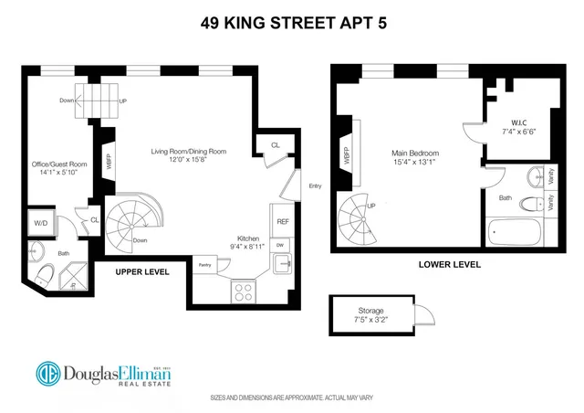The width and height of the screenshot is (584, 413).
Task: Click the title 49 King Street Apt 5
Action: coord(291,23)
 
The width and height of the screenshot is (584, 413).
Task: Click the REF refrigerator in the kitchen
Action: coord(282,222)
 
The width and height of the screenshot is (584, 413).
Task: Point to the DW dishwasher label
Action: coord(281,245)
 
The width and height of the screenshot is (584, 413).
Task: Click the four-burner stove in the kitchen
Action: coord(245,292)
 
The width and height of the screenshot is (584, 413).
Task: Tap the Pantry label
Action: coord(204,266)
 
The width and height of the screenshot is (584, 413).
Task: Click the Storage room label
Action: coord(370,311)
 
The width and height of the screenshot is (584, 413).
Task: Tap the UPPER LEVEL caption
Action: coord(142,272)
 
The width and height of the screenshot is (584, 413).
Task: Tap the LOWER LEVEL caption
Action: coord(450,264)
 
